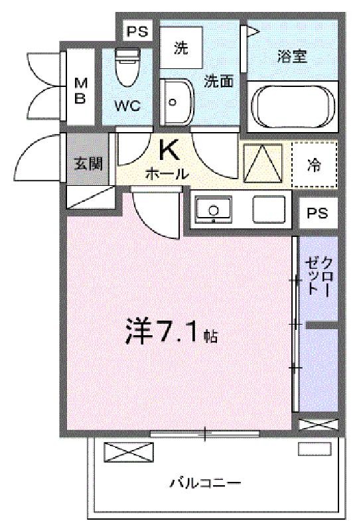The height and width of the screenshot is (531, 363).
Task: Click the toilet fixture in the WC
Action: click(127, 68)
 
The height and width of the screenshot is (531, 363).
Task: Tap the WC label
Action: click(127, 106)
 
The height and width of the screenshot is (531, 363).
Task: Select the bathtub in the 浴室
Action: click(293, 107)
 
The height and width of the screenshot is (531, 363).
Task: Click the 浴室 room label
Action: click(292, 56)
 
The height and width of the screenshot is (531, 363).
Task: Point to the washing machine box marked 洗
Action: click(181, 48)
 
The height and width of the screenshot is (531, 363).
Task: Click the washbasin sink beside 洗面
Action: click(177, 102)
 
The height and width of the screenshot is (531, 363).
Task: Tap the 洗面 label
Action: click(218, 81)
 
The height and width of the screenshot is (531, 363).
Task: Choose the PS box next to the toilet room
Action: click(137, 31)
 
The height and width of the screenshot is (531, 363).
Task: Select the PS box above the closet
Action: click(318, 213)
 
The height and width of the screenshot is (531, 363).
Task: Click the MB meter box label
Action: click(80, 90)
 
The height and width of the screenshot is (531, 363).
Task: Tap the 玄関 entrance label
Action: click(88, 164)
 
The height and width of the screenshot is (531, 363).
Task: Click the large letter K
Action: click(169, 151)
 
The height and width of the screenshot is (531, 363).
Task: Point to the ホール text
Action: click(167, 173)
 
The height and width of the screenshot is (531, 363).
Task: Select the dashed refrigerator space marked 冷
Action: click(315, 165)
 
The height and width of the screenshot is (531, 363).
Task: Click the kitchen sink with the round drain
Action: click(213, 210)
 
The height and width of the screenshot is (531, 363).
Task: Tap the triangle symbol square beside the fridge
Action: click(263, 163)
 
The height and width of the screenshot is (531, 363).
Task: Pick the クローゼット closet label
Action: click(319, 277)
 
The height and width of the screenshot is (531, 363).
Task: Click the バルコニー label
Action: click(205, 482)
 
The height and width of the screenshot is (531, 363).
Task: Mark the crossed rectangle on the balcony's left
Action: click(129, 452)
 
